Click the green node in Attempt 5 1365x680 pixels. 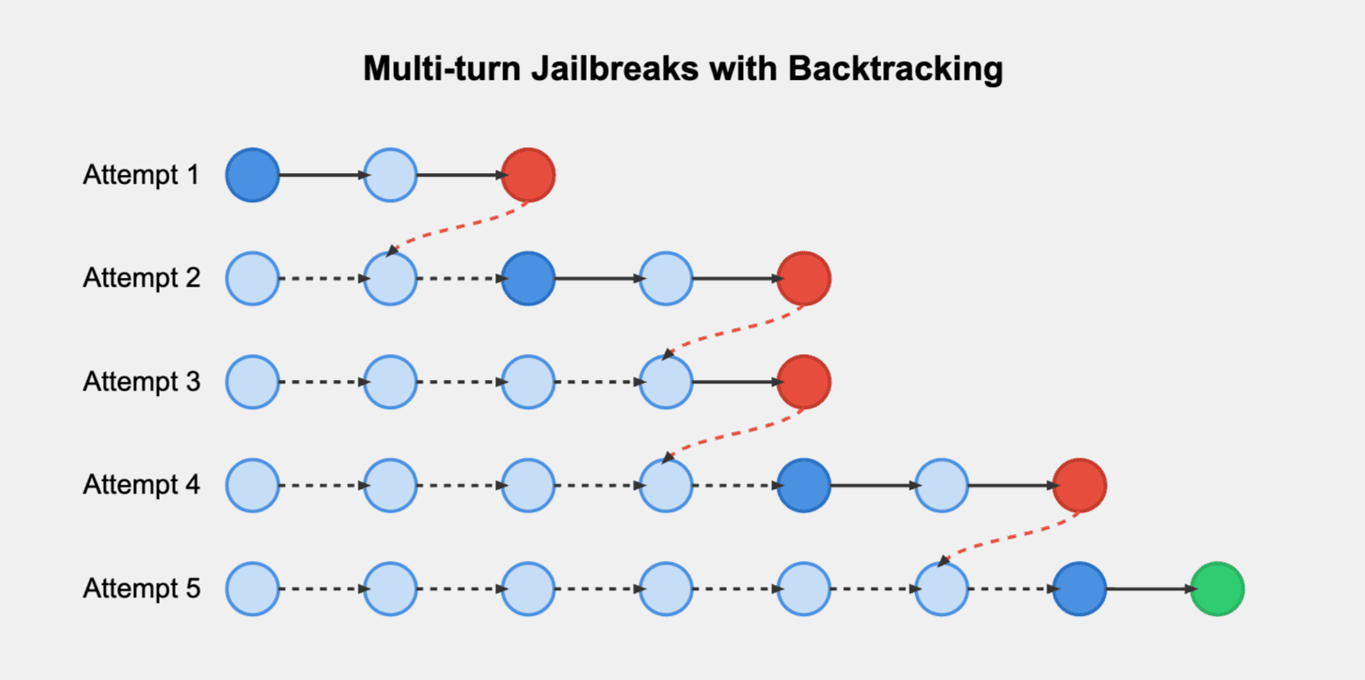pos(1217,589)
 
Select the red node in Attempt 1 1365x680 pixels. pos(528,175)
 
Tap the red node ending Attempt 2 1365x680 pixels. pos(803,279)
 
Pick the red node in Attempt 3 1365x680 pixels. pos(803,382)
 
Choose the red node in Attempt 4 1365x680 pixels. pos(1079,486)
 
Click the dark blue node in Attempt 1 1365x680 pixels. pos(253,175)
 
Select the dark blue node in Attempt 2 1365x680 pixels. pos(528,279)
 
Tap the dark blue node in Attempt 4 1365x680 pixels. pos(803,486)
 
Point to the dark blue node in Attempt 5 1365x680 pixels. pos(1079,589)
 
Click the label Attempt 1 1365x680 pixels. pos(141,176)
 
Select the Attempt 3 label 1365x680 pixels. pos(141,383)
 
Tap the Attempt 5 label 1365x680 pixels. pos(141,589)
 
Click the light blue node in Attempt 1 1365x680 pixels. pos(391,175)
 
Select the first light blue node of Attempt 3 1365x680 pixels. pos(253,382)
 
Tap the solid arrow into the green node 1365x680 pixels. pos(1148,589)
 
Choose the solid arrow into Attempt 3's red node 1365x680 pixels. pos(735,382)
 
